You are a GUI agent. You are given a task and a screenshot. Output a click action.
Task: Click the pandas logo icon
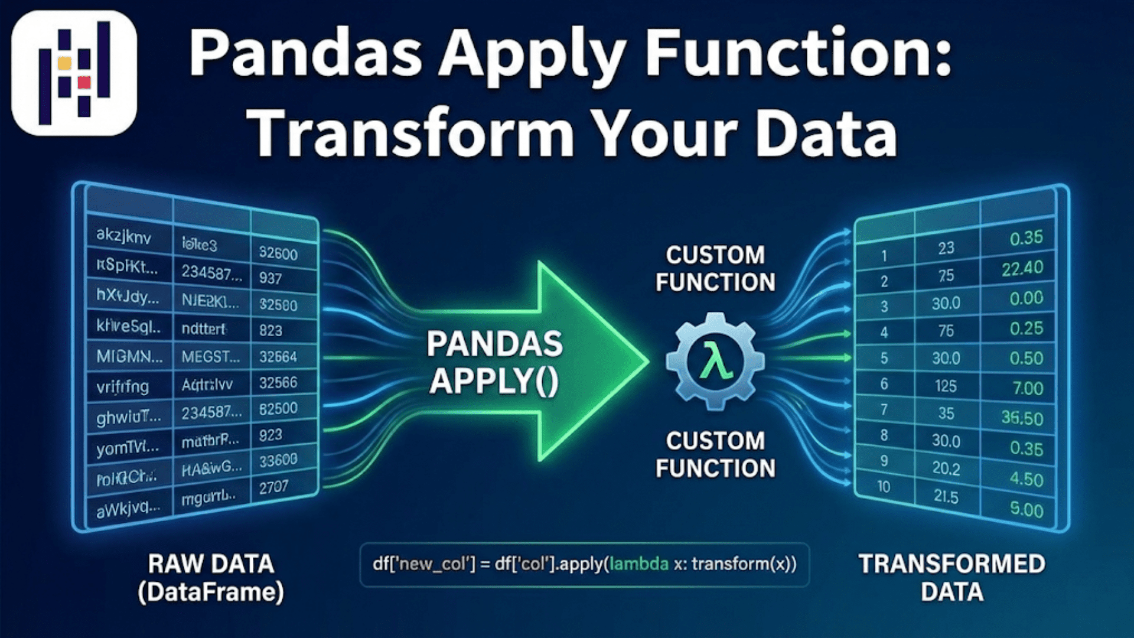pyautogui.click(x=74, y=73)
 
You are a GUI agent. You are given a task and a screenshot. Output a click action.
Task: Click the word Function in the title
pyautogui.click(x=797, y=54)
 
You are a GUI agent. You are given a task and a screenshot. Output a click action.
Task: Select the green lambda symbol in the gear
pyautogui.click(x=715, y=362)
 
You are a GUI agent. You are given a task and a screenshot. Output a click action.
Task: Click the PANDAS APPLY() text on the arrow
pyautogui.click(x=494, y=362)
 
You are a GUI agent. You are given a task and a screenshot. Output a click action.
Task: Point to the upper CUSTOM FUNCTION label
pyautogui.click(x=715, y=269)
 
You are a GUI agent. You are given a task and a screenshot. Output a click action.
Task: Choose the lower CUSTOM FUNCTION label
pyautogui.click(x=715, y=454)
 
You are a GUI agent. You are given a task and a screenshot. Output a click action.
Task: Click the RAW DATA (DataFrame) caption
pyautogui.click(x=211, y=578)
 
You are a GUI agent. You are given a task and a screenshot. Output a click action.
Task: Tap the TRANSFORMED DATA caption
pyautogui.click(x=951, y=578)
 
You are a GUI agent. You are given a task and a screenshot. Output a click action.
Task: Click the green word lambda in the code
pyautogui.click(x=638, y=564)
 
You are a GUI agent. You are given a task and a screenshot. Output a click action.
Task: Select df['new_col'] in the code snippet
pyautogui.click(x=423, y=564)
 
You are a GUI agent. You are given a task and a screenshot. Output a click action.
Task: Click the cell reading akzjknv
pyautogui.click(x=123, y=236)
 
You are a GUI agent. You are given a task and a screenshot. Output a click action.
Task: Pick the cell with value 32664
pyautogui.click(x=278, y=357)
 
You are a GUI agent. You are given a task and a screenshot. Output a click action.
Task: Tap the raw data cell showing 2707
pyautogui.click(x=273, y=487)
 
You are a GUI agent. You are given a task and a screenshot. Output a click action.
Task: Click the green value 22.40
pyautogui.click(x=1022, y=269)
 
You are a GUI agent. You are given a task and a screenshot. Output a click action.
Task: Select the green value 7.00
pyautogui.click(x=1028, y=388)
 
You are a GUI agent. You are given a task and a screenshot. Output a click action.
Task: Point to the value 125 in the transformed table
pyautogui.click(x=946, y=386)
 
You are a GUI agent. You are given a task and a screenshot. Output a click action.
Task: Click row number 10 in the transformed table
pyautogui.click(x=884, y=486)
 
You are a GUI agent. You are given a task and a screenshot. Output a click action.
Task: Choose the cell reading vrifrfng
pyautogui.click(x=123, y=387)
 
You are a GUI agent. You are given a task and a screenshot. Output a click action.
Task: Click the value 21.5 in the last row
pyautogui.click(x=946, y=496)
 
